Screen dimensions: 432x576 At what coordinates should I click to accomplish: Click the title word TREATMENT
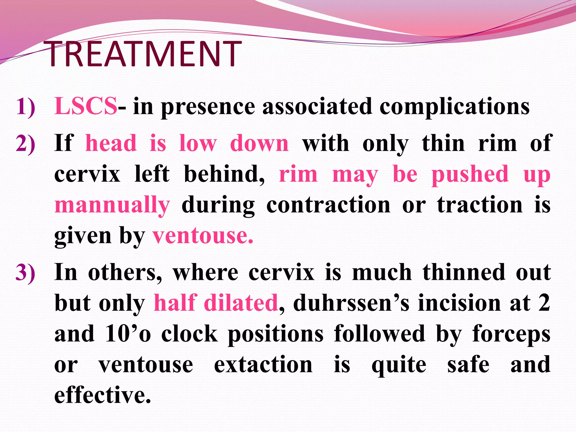(x=143, y=54)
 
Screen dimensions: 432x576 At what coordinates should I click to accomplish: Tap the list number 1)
(x=26, y=107)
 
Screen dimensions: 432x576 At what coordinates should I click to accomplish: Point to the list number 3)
(x=26, y=273)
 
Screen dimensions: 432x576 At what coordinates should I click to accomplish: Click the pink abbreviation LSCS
(x=86, y=106)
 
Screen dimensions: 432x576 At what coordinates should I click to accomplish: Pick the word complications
(x=454, y=107)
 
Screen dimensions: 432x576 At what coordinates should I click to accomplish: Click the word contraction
(x=328, y=205)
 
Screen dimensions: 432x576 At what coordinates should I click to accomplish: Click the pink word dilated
(x=241, y=303)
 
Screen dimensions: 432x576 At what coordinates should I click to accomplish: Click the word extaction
(x=263, y=364)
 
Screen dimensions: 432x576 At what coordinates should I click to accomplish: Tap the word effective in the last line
(x=102, y=395)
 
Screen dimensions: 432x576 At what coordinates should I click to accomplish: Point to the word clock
(x=190, y=334)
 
